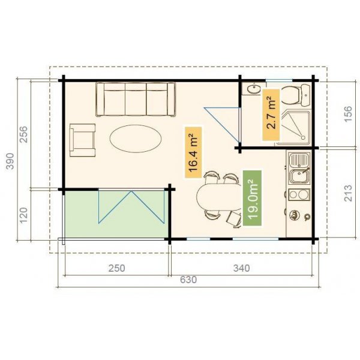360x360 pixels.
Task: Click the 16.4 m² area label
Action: pyautogui.click(x=193, y=152)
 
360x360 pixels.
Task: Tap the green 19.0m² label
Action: pyautogui.click(x=253, y=197)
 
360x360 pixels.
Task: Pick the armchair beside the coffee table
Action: pyautogui.click(x=83, y=139)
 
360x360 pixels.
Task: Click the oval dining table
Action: pyautogui.click(x=215, y=197)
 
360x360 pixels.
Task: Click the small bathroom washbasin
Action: pyautogui.click(x=253, y=90)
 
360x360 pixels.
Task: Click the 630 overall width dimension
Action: pyautogui.click(x=188, y=279)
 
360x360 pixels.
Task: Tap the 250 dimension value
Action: pyautogui.click(x=116, y=268)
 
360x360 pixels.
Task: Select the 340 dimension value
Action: pyautogui.click(x=240, y=268)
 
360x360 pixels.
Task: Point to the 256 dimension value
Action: pyautogui.click(x=23, y=136)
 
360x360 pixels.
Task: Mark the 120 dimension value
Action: pyautogui.click(x=23, y=215)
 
